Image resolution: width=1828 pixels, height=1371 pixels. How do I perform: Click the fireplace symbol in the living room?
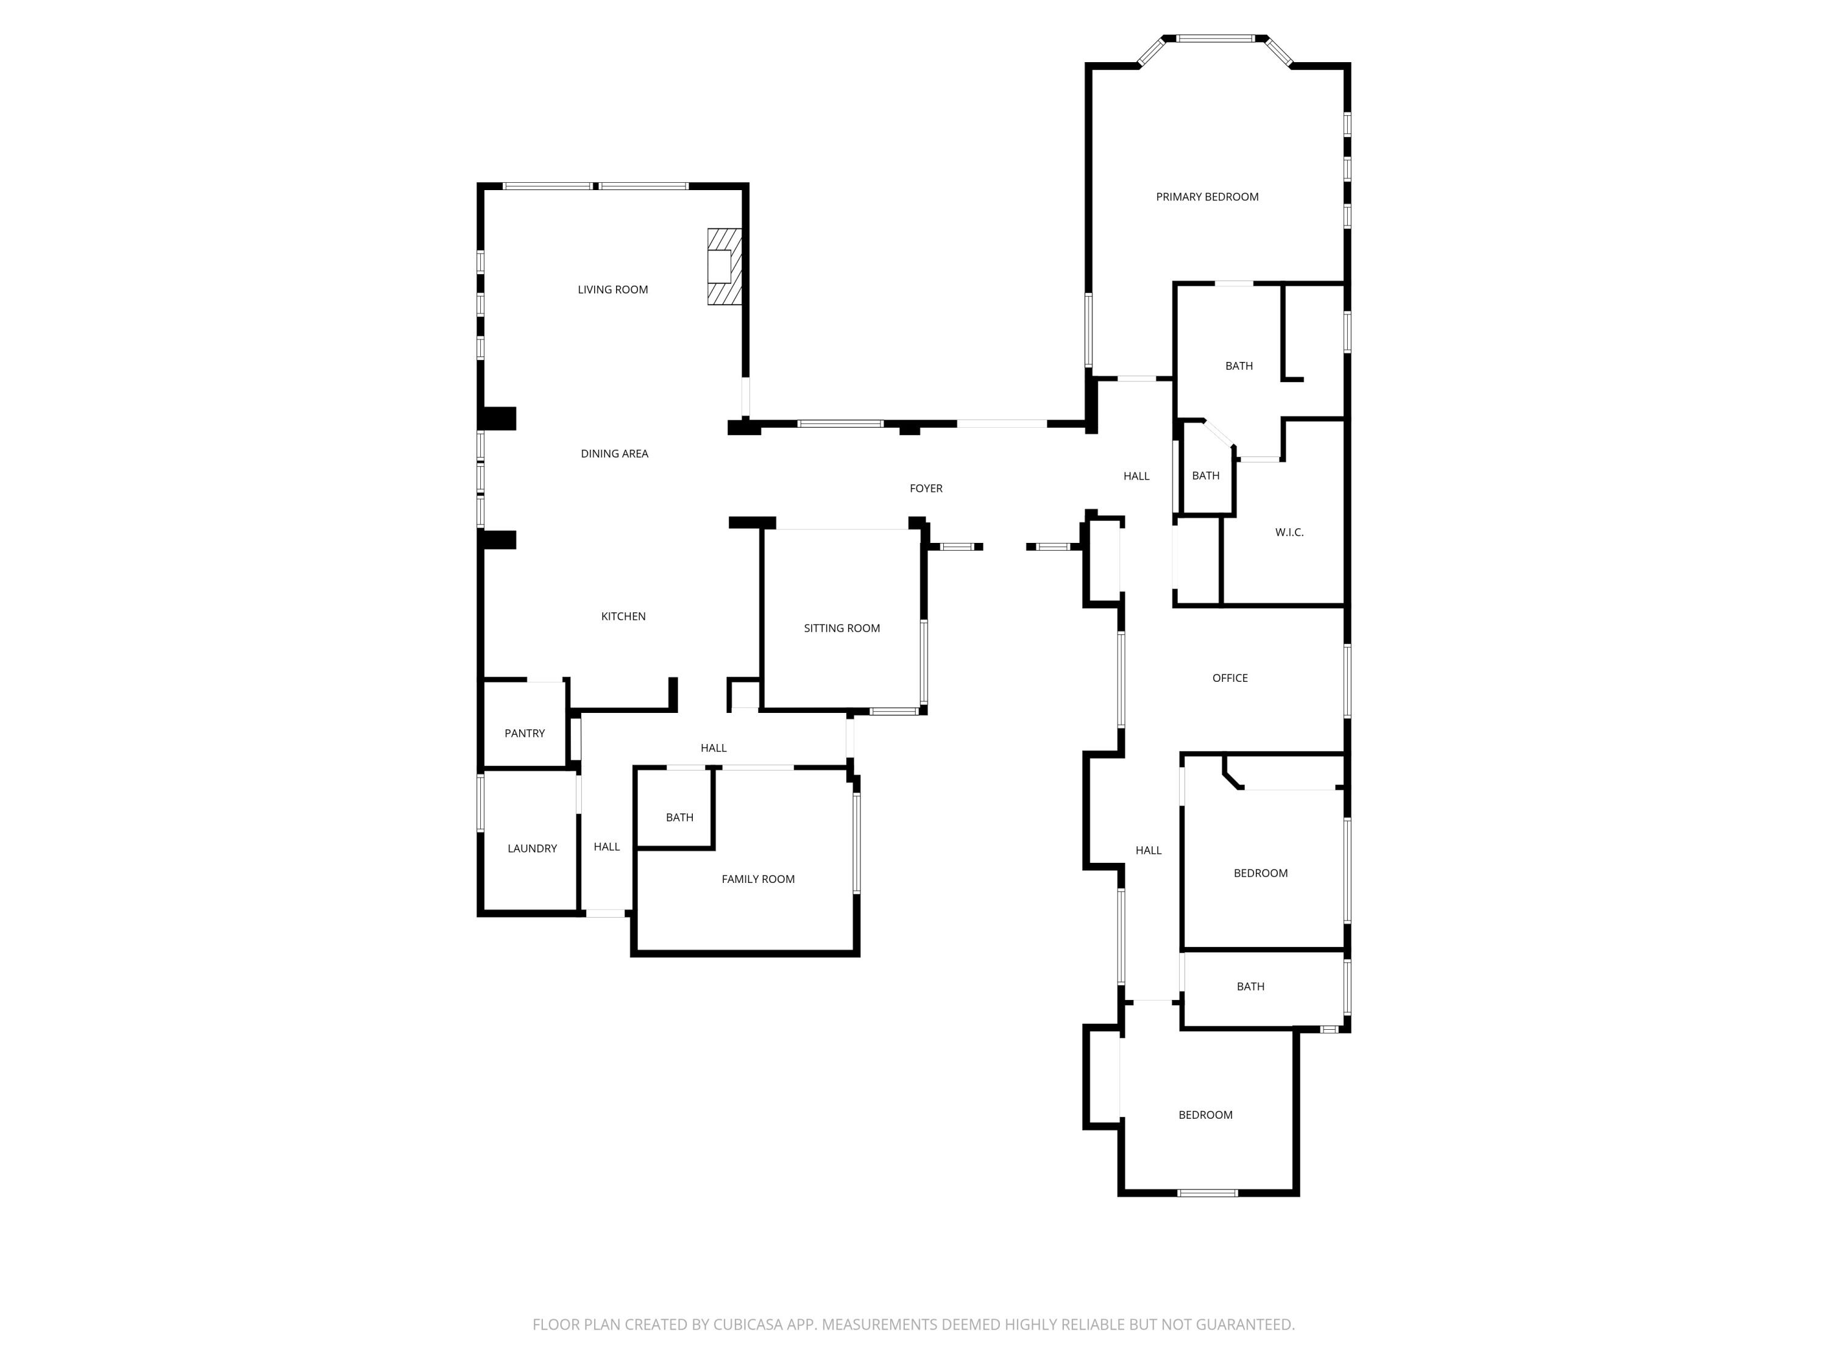click(724, 266)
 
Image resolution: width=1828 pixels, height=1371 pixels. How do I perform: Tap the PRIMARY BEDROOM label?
click(1206, 197)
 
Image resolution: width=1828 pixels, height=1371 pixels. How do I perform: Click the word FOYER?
click(926, 489)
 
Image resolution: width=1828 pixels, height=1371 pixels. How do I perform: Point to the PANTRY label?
click(524, 733)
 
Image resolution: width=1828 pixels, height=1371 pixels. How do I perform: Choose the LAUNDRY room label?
click(531, 848)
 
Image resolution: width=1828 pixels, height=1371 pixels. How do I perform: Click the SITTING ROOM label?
click(841, 628)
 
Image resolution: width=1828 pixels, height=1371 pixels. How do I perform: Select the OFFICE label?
click(1229, 678)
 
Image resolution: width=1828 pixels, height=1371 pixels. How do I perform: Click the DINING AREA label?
click(614, 454)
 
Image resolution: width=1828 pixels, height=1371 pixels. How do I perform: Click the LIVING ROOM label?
click(612, 289)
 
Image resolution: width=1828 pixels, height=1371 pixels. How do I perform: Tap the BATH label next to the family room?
click(679, 817)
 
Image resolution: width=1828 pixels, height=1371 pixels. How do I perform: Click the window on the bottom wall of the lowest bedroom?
click(1206, 1192)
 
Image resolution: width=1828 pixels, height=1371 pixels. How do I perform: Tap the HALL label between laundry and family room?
click(606, 846)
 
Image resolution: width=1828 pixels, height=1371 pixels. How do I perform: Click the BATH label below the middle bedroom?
click(1250, 986)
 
